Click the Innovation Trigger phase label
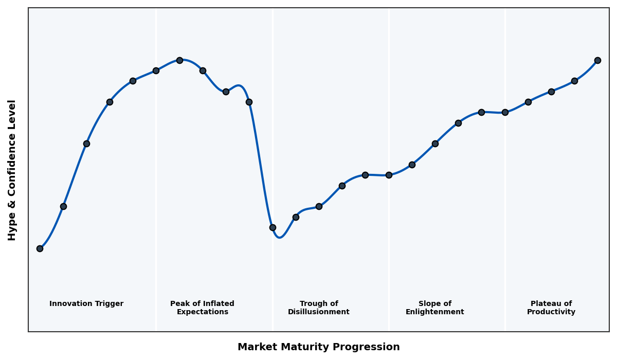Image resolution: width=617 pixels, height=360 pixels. click(x=86, y=304)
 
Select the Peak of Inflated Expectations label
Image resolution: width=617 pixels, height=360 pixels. click(x=202, y=308)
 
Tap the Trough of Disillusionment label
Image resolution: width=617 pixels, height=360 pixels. click(x=319, y=308)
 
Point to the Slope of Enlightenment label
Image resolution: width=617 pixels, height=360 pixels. click(x=434, y=308)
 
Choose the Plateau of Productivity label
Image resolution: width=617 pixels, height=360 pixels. click(x=551, y=308)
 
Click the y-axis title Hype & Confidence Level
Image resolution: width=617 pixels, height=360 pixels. click(x=12, y=170)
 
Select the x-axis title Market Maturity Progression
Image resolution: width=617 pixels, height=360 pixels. click(x=318, y=347)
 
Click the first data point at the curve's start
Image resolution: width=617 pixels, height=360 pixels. click(x=40, y=248)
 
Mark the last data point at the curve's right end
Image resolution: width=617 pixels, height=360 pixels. click(x=597, y=60)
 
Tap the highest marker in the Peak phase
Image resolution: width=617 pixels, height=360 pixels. click(x=179, y=60)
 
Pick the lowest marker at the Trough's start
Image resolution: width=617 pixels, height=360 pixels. click(x=273, y=227)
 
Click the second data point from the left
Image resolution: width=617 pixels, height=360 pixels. click(x=63, y=206)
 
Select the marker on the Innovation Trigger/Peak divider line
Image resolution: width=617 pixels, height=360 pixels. click(x=156, y=70)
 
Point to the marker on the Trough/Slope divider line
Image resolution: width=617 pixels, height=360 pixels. click(x=389, y=175)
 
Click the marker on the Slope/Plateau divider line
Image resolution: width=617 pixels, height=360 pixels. click(x=505, y=112)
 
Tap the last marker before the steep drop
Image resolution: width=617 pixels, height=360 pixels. click(x=249, y=102)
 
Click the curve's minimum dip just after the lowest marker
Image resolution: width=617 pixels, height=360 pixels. click(x=279, y=237)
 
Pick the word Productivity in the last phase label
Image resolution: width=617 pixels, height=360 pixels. click(x=551, y=312)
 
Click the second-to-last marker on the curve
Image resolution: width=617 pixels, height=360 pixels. click(x=574, y=81)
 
